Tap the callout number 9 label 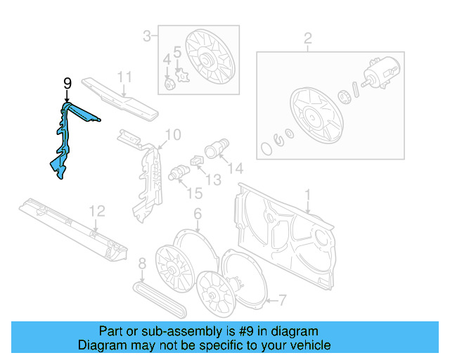(x=67, y=84)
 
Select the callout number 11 (x=124, y=77)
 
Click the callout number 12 (x=97, y=210)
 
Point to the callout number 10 (x=172, y=134)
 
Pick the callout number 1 (x=307, y=194)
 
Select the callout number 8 (x=141, y=264)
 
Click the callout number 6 (x=198, y=213)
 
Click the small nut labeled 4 (x=169, y=85)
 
